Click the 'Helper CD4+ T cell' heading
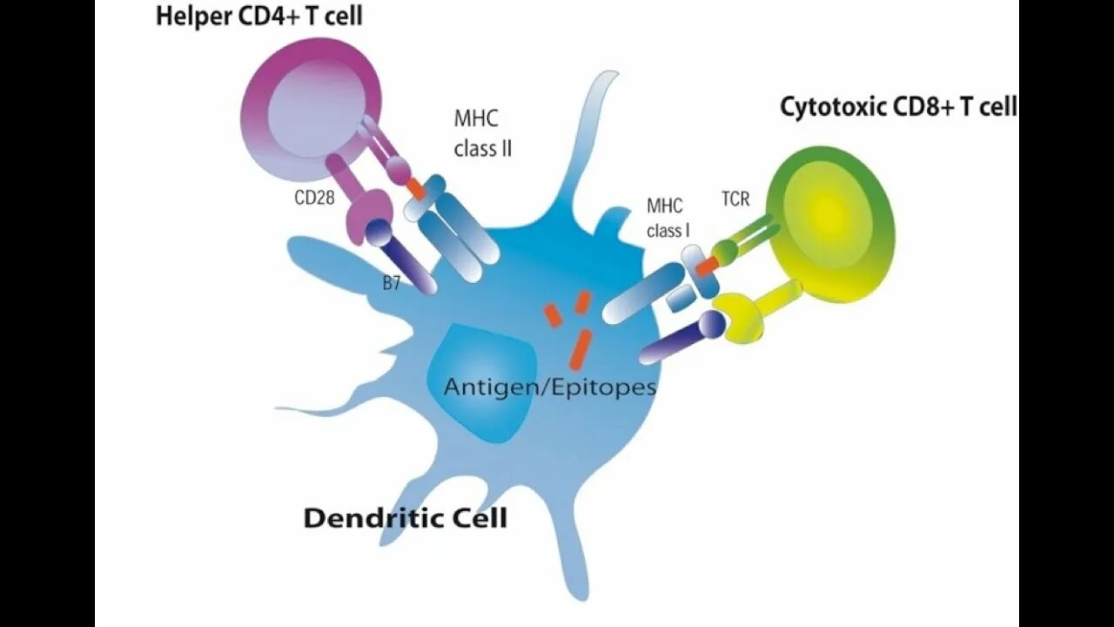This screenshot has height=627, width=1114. pos(258,17)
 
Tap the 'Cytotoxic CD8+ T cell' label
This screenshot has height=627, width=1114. pos(897,107)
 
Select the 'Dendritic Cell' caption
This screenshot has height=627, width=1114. pos(405,519)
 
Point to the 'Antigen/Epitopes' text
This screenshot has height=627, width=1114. pos(549,387)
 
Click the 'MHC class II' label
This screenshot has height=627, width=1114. pos(482,132)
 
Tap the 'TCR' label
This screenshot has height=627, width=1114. pos(735,199)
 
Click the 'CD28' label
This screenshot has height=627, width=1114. pos(314,197)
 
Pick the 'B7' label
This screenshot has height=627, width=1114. pos(391,282)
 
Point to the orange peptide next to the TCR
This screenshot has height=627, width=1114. pos(707,264)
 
